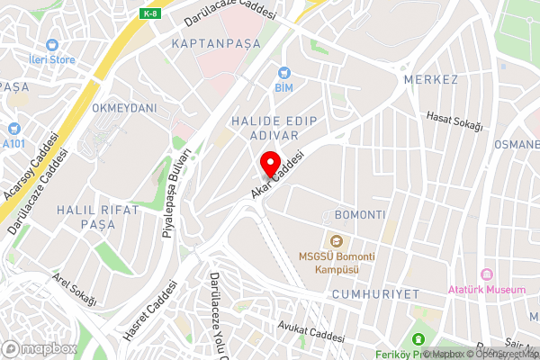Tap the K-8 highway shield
coord(150,13)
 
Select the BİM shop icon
coord(284,72)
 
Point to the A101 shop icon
coord(13,129)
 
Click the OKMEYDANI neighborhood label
coord(123,108)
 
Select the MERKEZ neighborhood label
coord(431,80)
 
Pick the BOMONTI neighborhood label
coord(359,216)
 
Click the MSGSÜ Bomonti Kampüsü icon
coord(337,240)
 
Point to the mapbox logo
coord(39,348)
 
